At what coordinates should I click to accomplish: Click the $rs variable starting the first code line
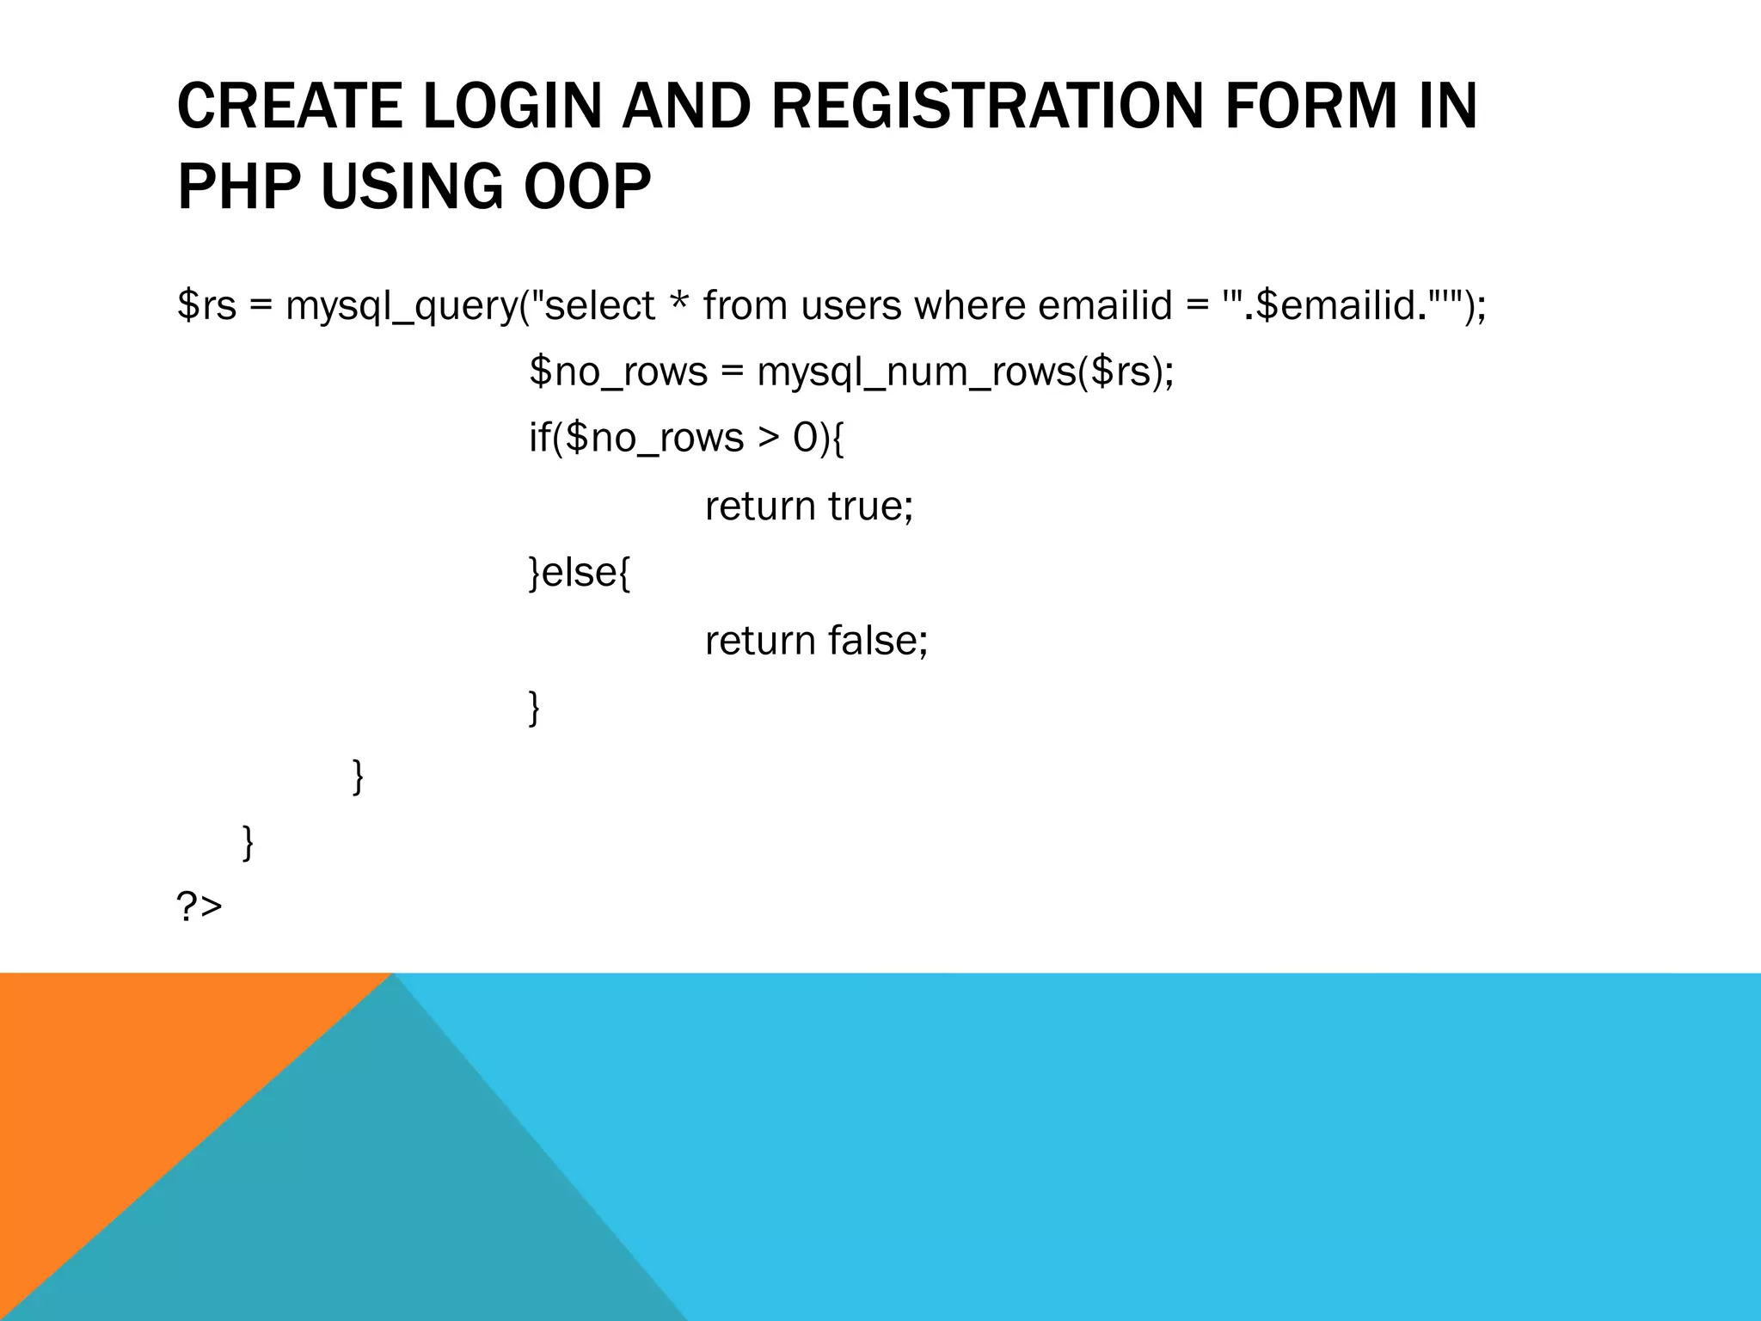point(206,305)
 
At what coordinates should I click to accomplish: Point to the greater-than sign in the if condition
point(767,439)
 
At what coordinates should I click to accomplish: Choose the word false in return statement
point(876,641)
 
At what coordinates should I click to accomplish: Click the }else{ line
point(580,574)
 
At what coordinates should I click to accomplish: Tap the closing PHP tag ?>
point(199,907)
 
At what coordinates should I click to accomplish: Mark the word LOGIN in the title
point(512,107)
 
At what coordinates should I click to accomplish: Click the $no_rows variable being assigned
point(618,372)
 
